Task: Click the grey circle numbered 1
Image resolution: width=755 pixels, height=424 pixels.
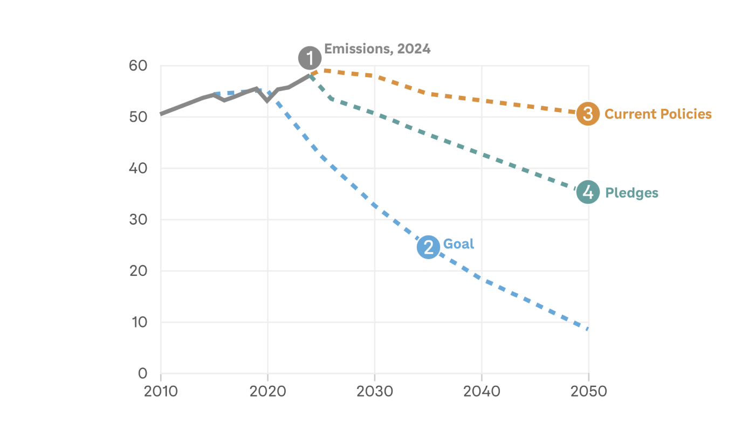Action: tap(310, 58)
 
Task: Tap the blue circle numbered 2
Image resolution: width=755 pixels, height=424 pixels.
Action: tap(428, 247)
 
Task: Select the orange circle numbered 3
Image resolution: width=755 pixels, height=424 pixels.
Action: tap(588, 114)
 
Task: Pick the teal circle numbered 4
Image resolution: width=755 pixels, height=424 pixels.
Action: tap(588, 192)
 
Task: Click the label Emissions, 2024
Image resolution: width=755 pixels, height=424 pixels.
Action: tap(377, 49)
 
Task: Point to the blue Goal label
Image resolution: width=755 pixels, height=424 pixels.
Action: tap(458, 244)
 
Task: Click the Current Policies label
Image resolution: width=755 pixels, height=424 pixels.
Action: tap(658, 114)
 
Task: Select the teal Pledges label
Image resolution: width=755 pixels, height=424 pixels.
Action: tap(632, 193)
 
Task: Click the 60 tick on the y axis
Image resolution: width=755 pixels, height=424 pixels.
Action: tap(138, 66)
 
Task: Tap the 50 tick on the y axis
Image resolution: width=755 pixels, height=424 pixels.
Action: tap(138, 117)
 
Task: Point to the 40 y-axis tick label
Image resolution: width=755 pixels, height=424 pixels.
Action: tap(138, 168)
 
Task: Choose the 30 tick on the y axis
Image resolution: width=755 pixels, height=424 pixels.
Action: tap(138, 220)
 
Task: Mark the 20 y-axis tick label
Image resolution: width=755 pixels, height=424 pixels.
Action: tap(138, 271)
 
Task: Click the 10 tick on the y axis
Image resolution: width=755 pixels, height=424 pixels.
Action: tap(138, 322)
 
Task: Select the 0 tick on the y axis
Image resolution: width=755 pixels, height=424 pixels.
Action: tap(142, 373)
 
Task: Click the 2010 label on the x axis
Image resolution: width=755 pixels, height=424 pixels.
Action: tap(161, 391)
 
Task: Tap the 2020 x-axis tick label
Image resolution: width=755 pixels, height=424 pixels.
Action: tap(267, 391)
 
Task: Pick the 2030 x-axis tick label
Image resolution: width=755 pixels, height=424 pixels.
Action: tap(374, 391)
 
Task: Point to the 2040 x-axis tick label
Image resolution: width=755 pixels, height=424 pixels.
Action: tap(481, 391)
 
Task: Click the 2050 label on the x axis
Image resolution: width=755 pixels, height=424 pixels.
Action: tap(588, 391)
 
